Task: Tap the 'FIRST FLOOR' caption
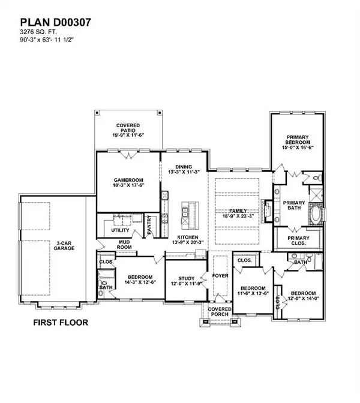pos(60,322)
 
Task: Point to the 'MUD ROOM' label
pos(125,245)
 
